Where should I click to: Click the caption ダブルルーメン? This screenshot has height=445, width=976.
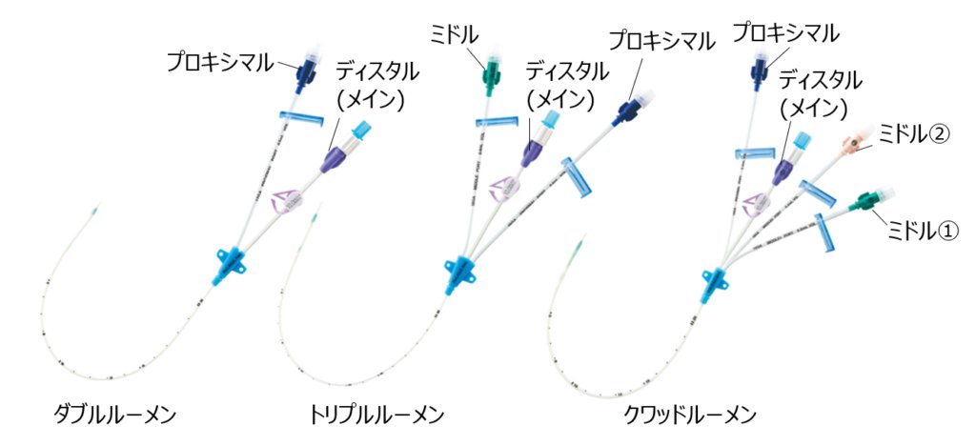point(114,414)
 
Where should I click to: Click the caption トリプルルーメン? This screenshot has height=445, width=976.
point(376,414)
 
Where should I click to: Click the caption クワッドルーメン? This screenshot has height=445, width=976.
point(690,414)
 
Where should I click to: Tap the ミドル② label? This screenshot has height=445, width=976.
point(914,133)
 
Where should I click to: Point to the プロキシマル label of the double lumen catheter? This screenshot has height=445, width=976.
point(220,62)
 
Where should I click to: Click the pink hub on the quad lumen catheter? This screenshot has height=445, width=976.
point(851,144)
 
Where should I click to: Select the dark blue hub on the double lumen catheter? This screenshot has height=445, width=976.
point(305,71)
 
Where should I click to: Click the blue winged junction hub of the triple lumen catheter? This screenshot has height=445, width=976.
point(457,272)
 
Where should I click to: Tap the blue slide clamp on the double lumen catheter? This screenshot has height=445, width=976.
point(302,118)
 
